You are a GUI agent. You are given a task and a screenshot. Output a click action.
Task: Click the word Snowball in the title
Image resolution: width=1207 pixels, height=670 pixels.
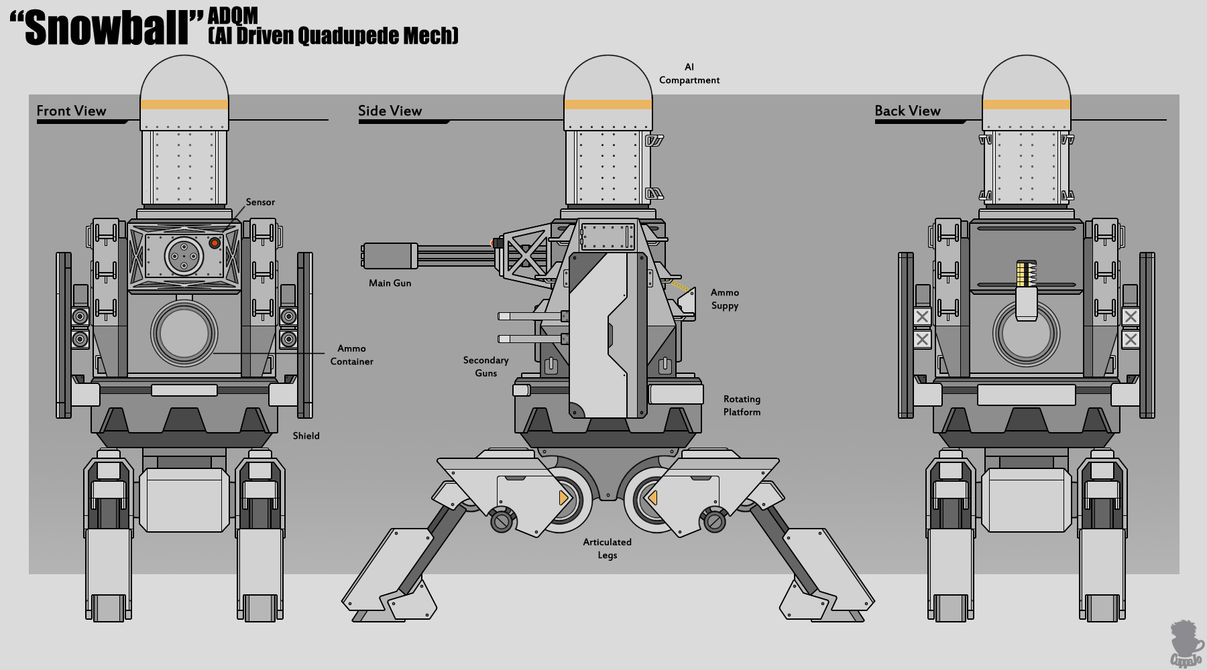[x=107, y=28]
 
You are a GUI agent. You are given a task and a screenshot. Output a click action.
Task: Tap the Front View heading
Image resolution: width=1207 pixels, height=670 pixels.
[x=71, y=111]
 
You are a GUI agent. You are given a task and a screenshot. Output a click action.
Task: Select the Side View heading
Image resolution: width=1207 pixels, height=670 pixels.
[x=390, y=111]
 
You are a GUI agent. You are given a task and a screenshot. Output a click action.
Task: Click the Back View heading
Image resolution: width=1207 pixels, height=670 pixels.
[x=907, y=111]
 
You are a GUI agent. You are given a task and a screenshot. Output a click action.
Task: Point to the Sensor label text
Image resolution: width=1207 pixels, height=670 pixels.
[x=260, y=202]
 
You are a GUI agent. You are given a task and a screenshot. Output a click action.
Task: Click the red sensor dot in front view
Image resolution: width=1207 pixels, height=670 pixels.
[x=215, y=243]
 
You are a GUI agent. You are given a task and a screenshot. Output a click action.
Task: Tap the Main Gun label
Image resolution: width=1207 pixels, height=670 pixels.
[x=390, y=283]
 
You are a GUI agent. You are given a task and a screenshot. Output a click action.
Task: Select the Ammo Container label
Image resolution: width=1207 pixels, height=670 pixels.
[x=351, y=355]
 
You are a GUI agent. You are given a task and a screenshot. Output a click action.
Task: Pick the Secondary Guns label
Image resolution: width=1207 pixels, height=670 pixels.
[x=485, y=366]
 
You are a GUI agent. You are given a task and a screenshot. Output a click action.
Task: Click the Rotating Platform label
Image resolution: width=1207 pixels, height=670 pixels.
[x=742, y=405]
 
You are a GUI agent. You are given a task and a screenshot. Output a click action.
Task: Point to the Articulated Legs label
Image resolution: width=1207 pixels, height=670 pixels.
[x=607, y=548]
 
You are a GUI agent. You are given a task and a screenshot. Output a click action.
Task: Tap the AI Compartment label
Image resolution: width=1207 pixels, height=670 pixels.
[x=689, y=74]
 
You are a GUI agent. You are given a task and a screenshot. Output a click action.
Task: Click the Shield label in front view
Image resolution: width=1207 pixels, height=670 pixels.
[x=306, y=436]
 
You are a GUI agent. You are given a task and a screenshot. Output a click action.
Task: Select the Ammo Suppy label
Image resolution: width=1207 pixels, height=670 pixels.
[x=725, y=299]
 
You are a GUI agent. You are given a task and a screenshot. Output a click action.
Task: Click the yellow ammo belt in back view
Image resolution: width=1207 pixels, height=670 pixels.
[x=1022, y=273]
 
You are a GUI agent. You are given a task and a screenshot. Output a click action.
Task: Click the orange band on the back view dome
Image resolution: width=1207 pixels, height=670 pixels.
[x=1026, y=105]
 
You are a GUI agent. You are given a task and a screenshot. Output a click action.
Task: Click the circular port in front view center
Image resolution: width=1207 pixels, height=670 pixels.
[x=184, y=333]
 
